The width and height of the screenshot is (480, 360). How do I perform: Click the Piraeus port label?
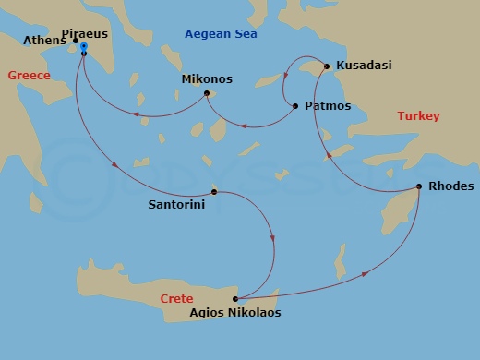click(110, 33)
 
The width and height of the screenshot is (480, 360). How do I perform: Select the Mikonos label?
click(207, 79)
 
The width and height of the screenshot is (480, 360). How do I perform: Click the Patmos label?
click(327, 106)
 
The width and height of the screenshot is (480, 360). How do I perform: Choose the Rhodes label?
click(450, 186)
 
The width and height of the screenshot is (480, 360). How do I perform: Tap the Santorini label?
click(177, 206)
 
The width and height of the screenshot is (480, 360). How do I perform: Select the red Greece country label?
click(29, 76)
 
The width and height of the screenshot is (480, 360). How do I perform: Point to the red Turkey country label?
click(418, 116)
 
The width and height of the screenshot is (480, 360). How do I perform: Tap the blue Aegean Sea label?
click(221, 34)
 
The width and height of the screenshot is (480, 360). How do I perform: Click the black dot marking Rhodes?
click(419, 187)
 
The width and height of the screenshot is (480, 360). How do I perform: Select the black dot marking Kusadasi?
click(326, 66)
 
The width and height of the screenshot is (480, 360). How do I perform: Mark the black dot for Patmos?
click(295, 106)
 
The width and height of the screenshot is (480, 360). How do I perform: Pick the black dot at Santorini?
click(214, 192)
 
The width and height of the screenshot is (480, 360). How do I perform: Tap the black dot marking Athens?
click(76, 41)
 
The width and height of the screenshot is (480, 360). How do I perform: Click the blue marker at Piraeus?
click(84, 46)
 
